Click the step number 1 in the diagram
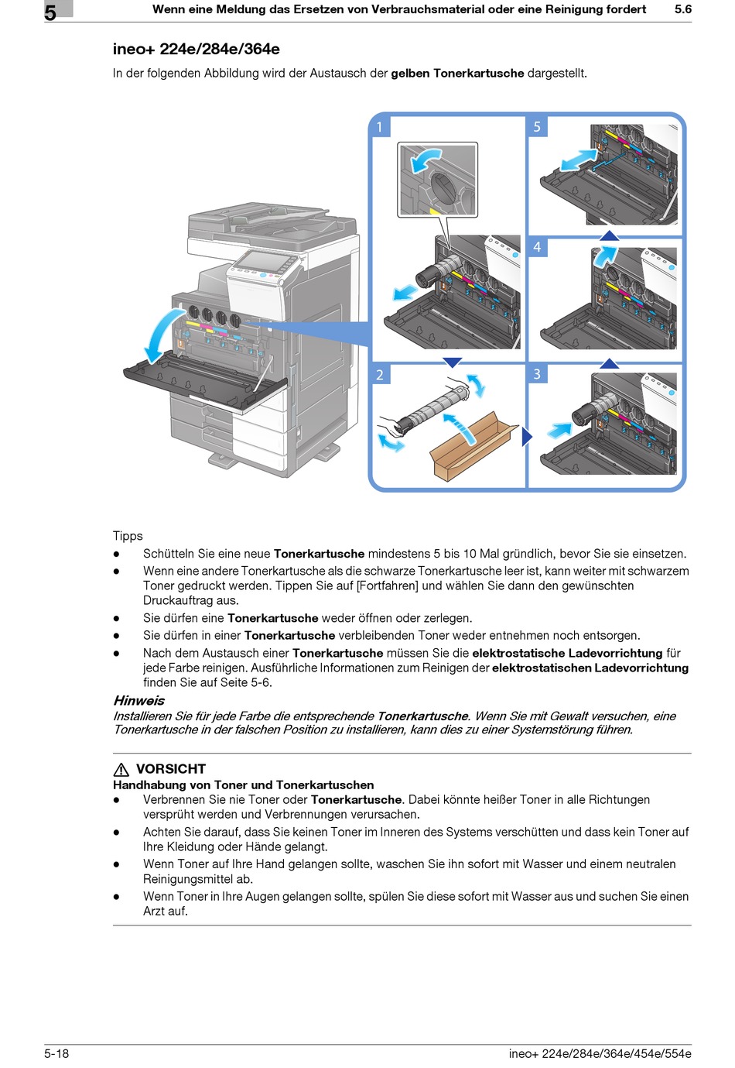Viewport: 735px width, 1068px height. pyautogui.click(x=379, y=127)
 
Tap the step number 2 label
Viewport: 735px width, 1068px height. pyautogui.click(x=380, y=375)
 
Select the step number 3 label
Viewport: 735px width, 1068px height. pyautogui.click(x=537, y=374)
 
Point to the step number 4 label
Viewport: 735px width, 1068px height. pyautogui.click(x=537, y=248)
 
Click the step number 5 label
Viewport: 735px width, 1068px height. pyautogui.click(x=537, y=127)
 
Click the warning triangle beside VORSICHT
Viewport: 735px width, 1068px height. pyautogui.click(x=121, y=770)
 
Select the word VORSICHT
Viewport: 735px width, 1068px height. pyautogui.click(x=171, y=769)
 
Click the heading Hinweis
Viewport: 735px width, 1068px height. pyautogui.click(x=138, y=701)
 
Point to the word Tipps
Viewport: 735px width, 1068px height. pyautogui.click(x=128, y=536)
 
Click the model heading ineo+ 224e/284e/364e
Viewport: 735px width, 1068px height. pyautogui.click(x=196, y=50)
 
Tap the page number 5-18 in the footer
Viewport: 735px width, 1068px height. pyautogui.click(x=56, y=1053)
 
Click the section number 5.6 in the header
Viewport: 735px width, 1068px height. pyautogui.click(x=682, y=9)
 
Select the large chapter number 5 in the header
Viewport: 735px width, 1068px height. pyautogui.click(x=50, y=12)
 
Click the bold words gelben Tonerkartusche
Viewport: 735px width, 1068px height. pyautogui.click(x=457, y=74)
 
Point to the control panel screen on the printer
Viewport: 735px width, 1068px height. pyautogui.click(x=261, y=261)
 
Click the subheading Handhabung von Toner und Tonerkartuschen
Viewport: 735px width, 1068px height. pyautogui.click(x=243, y=785)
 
